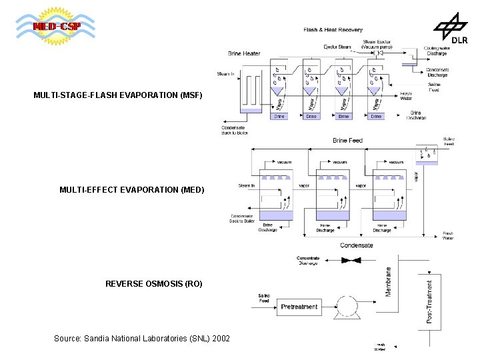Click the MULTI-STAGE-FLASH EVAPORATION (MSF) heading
click(117, 95)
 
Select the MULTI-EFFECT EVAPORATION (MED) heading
click(131, 190)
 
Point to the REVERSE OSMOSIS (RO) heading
click(153, 284)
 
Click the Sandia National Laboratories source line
click(141, 339)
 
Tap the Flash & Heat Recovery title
click(333, 30)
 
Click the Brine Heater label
click(244, 53)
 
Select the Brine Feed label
click(347, 141)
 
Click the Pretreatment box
click(299, 307)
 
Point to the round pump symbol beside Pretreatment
click(347, 307)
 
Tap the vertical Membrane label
click(389, 282)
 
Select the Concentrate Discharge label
click(308, 261)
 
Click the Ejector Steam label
click(337, 47)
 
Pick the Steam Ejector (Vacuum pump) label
click(377, 45)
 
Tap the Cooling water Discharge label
click(437, 51)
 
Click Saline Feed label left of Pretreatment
click(264, 298)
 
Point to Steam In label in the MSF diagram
click(225, 73)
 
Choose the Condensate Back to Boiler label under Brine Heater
click(235, 130)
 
